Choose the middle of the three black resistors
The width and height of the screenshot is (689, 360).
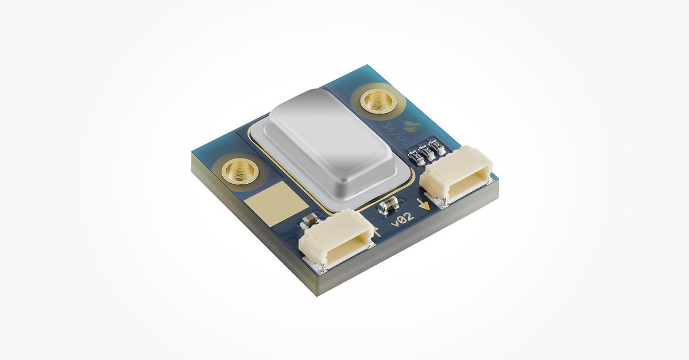426,150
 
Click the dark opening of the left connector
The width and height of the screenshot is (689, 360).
341,241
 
